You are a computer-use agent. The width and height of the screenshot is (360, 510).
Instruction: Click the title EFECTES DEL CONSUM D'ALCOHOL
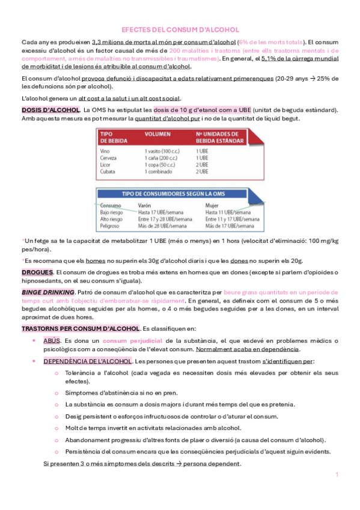coord(180,29)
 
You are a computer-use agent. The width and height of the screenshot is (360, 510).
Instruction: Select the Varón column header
coord(146,205)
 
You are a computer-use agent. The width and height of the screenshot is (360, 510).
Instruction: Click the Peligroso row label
coord(112,227)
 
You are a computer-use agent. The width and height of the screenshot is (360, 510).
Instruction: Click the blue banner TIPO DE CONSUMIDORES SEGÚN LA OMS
coord(180,194)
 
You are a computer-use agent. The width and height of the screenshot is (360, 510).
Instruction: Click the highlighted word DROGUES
coord(37,272)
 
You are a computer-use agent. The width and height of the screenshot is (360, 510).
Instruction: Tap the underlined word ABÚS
coord(52,341)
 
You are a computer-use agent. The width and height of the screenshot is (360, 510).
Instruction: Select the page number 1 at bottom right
coord(337,475)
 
